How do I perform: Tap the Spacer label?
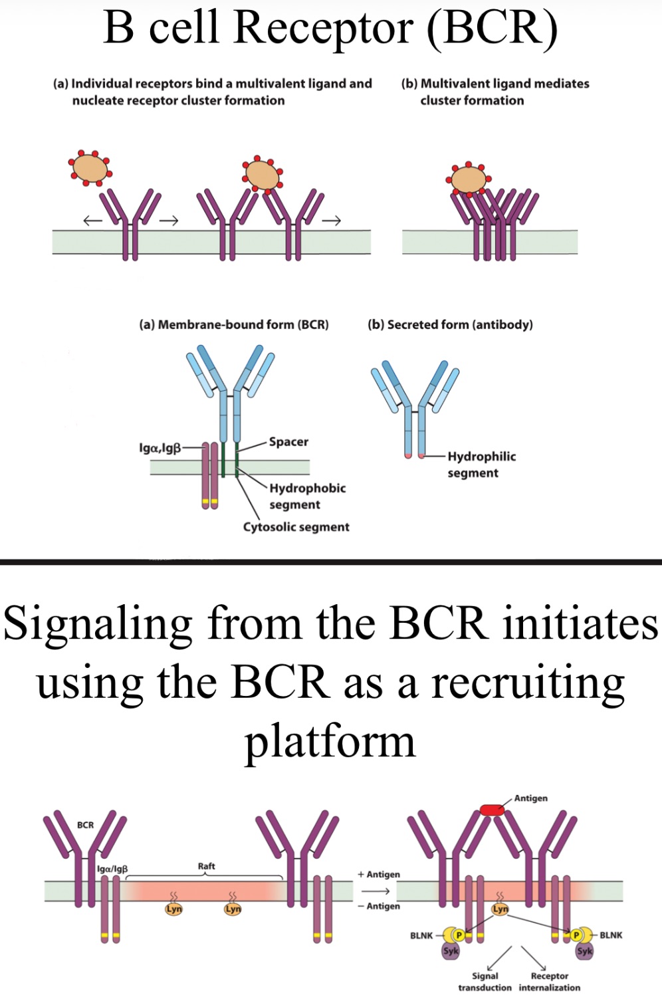pos(288,442)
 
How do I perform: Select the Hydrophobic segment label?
pos(307,496)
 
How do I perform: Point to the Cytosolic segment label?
pos(296,527)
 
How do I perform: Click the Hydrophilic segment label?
pos(481,464)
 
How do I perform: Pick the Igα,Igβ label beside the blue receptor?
pos(160,448)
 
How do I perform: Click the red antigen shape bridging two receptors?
pos(492,810)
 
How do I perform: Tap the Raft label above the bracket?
pos(206,866)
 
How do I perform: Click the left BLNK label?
pos(421,935)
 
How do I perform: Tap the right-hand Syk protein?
pos(585,951)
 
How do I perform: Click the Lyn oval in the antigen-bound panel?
pos(500,909)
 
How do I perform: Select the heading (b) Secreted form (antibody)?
pos(450,324)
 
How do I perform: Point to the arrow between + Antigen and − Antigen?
pos(376,891)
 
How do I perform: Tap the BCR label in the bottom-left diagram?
pos(85,825)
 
